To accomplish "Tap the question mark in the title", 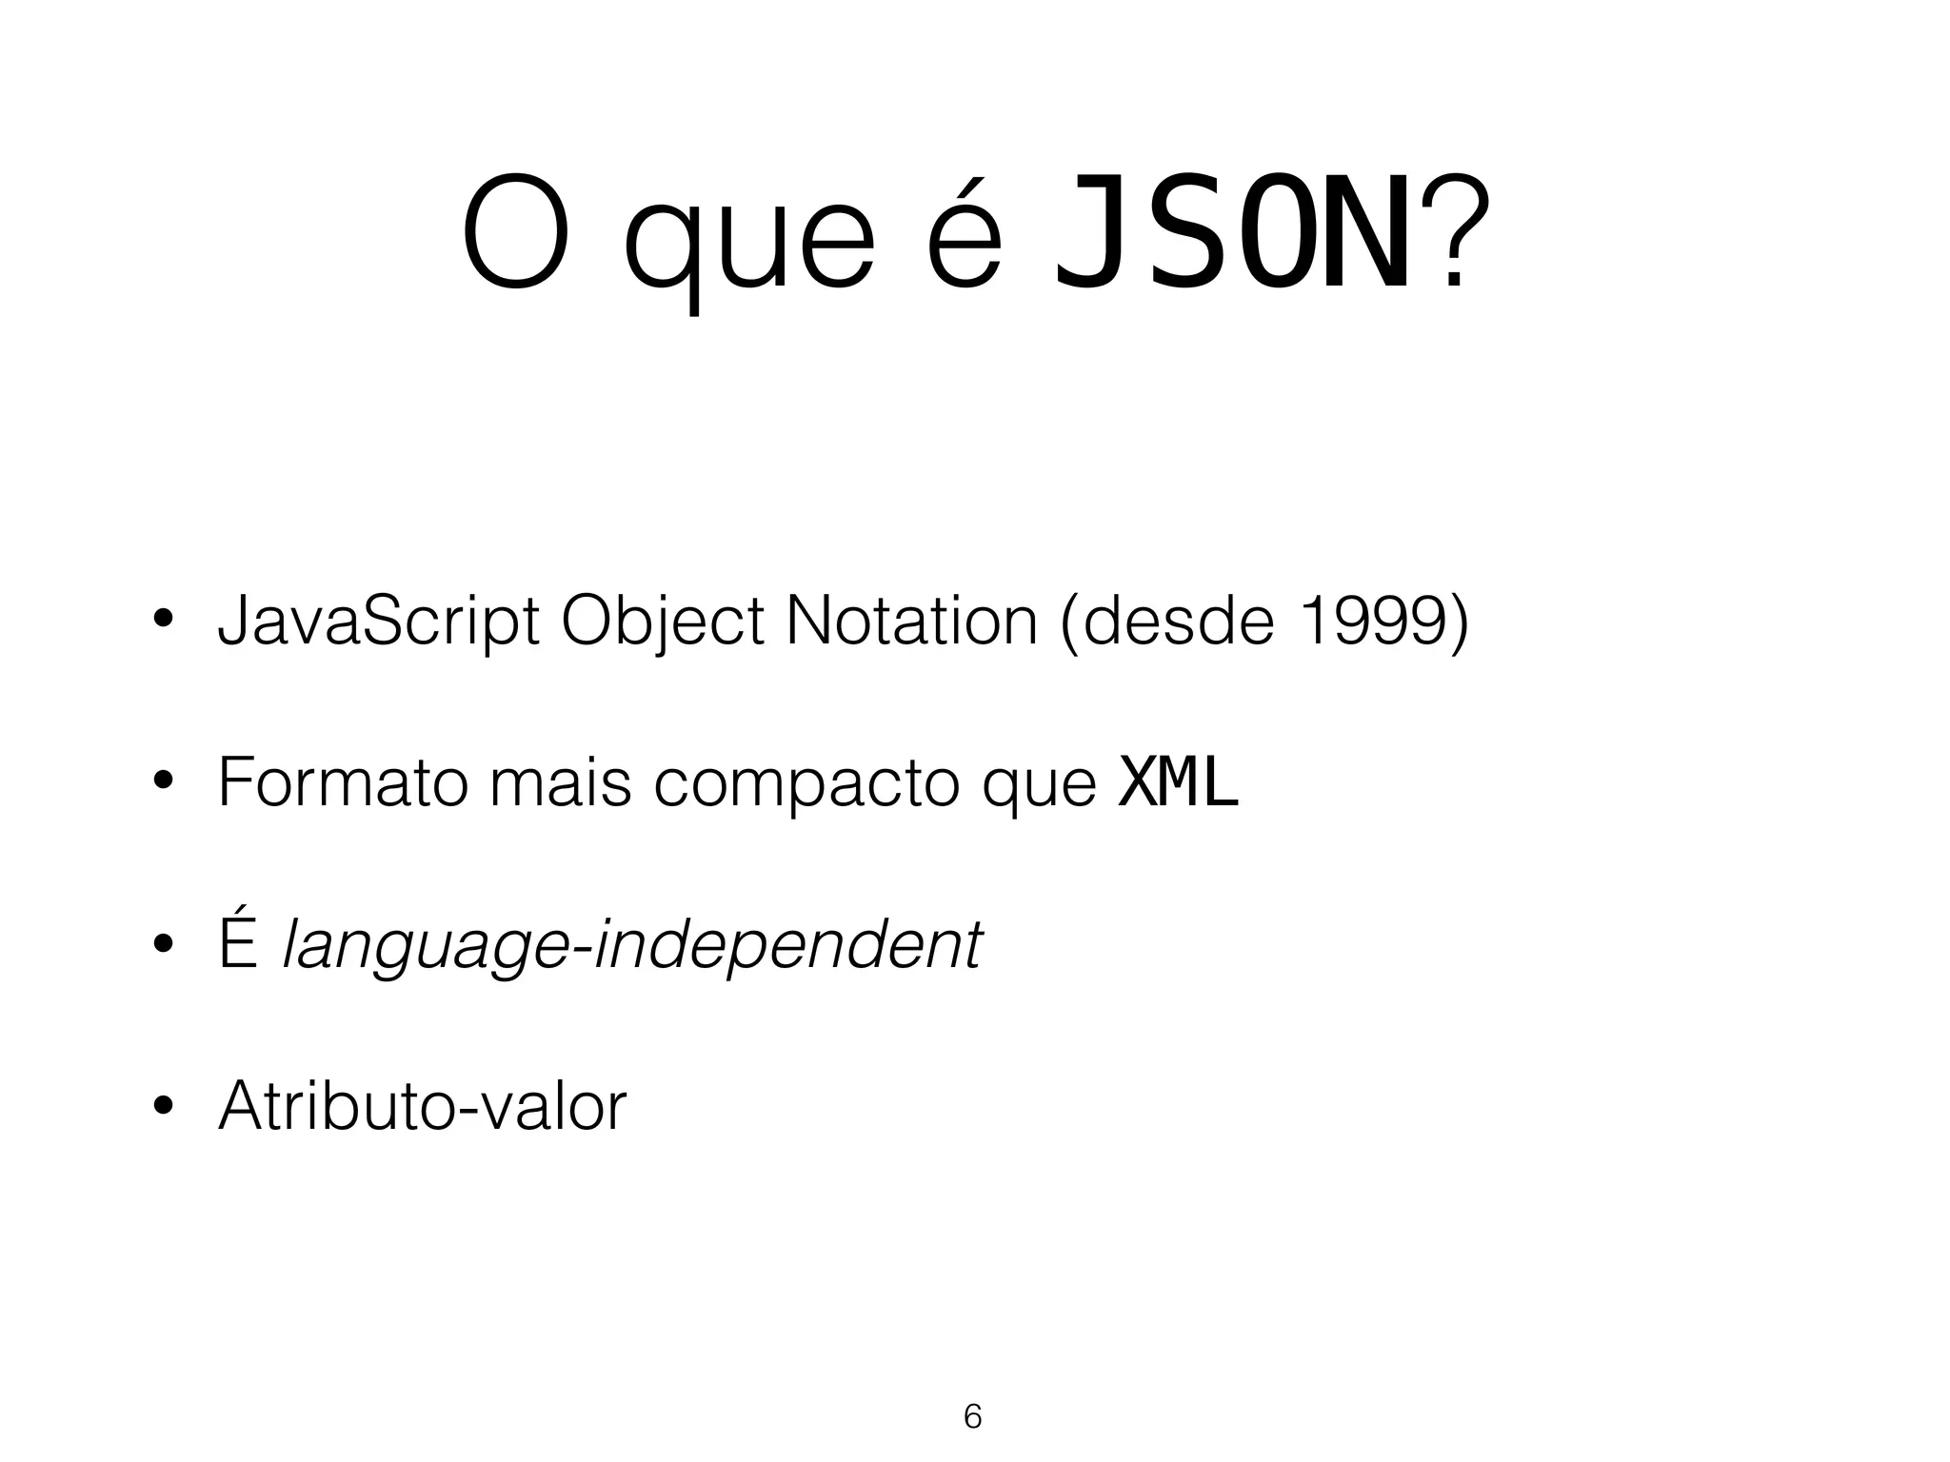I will click(1454, 234).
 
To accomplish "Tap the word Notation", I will click(911, 622).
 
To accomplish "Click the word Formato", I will click(342, 782).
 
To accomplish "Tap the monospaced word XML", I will click(1178, 782).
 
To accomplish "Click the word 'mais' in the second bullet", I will click(560, 782).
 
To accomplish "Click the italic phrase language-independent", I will click(632, 948).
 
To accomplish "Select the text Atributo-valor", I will click(422, 1106).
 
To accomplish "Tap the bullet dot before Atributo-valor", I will click(164, 1107).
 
